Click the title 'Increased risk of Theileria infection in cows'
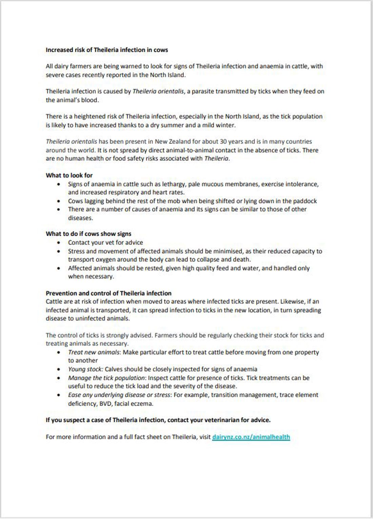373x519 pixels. point(107,50)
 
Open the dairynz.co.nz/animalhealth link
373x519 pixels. point(251,437)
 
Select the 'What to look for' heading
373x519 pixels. point(69,175)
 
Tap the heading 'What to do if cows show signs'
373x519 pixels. point(89,234)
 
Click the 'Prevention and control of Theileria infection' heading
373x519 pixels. point(109,293)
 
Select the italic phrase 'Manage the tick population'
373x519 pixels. point(106,378)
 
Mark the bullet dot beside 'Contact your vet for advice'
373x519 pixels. point(59,243)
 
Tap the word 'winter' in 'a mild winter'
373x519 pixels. point(225,125)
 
